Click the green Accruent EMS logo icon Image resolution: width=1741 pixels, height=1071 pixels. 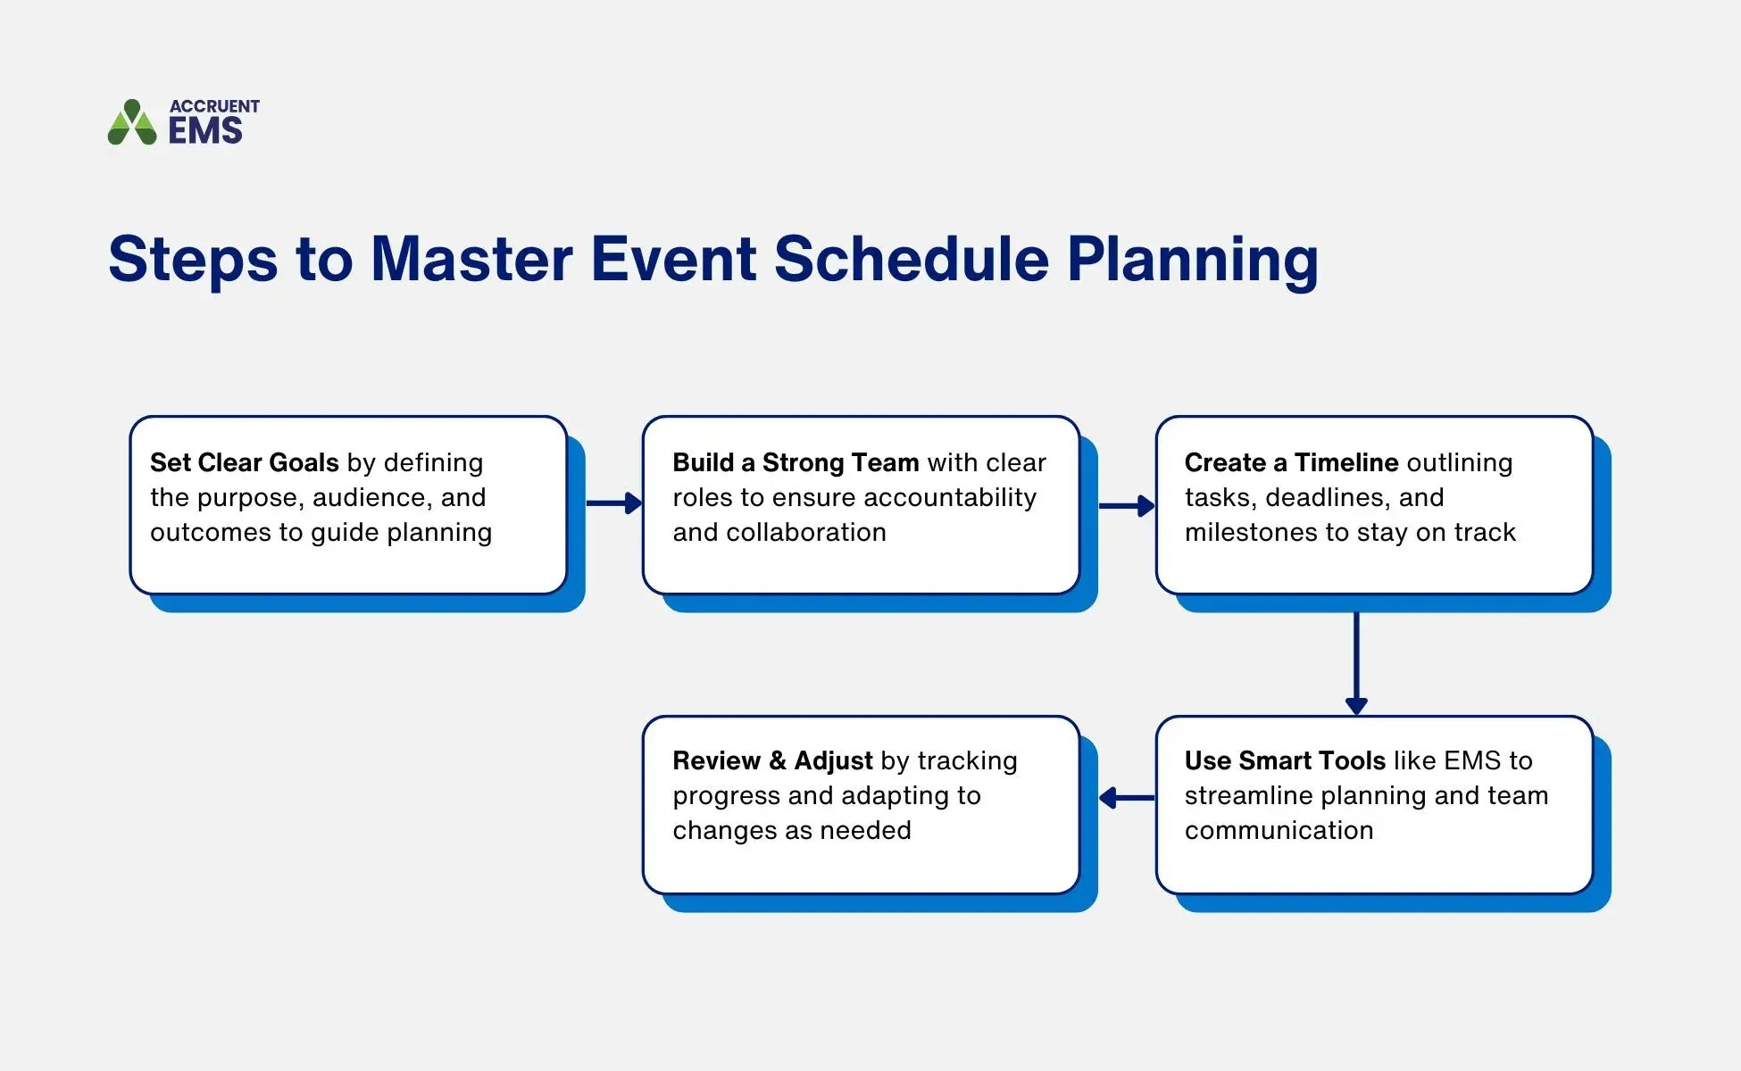[132, 122]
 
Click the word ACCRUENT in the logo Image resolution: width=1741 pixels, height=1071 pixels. [214, 106]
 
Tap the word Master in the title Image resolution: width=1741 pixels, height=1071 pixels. [471, 260]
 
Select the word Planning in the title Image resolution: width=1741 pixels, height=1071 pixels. [1192, 260]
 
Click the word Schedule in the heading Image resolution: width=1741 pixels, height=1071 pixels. [911, 260]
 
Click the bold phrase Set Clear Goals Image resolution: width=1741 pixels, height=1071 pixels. [244, 462]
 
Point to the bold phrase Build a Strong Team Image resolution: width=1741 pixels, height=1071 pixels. [795, 462]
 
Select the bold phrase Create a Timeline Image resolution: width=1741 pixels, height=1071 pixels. [1290, 462]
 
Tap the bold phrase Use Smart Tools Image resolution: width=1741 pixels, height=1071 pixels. [1284, 760]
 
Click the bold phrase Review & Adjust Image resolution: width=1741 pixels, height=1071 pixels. [771, 760]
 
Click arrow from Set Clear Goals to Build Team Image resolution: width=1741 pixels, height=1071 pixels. [614, 503]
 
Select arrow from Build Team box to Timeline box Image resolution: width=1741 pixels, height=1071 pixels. [1127, 506]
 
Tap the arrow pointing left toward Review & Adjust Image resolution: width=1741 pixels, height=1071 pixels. [1127, 798]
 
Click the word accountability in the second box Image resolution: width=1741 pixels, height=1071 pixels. [949, 497]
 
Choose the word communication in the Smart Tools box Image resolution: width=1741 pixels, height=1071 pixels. [1279, 830]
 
